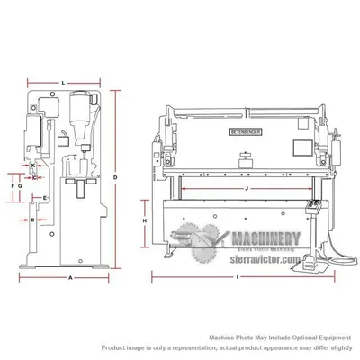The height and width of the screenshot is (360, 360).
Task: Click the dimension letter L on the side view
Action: click(63, 83)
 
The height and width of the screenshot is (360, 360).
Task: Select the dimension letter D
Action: click(115, 178)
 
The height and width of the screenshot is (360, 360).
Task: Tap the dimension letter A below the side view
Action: click(70, 278)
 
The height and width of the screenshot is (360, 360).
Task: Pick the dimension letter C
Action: click(33, 177)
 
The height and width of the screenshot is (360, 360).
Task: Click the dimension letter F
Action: click(13, 186)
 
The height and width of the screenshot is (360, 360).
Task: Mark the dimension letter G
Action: click(21, 186)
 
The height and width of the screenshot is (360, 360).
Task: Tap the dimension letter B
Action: click(32, 219)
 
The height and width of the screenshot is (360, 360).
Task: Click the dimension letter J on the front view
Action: click(245, 188)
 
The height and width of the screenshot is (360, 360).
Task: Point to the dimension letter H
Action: click(146, 220)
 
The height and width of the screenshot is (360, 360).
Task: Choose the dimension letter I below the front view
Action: click(237, 278)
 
